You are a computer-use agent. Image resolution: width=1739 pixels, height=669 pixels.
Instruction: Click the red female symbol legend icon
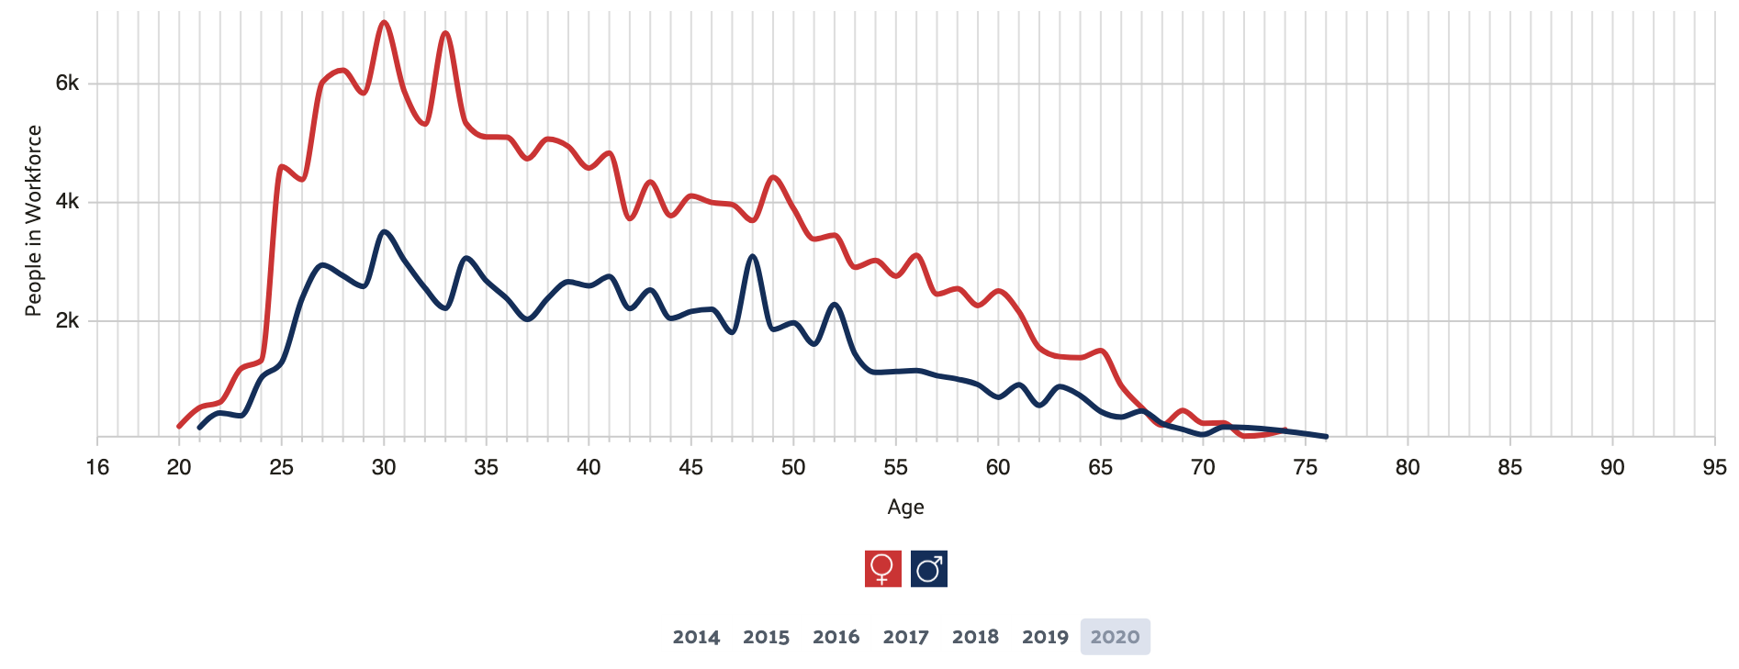pyautogui.click(x=882, y=569)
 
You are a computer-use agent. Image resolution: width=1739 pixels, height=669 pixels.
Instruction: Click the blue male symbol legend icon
pyautogui.click(x=929, y=569)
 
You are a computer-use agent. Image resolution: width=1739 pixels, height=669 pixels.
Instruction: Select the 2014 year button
pyautogui.click(x=696, y=637)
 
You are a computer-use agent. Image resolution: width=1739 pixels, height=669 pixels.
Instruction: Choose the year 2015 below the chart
pyautogui.click(x=766, y=637)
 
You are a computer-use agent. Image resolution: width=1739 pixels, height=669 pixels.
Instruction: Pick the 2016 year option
pyautogui.click(x=836, y=637)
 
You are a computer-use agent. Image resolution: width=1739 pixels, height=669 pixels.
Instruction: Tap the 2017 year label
pyautogui.click(x=905, y=637)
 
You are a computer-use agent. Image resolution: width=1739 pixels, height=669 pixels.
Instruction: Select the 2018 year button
pyautogui.click(x=975, y=637)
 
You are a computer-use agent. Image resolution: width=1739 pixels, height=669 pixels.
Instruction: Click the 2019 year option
pyautogui.click(x=1045, y=637)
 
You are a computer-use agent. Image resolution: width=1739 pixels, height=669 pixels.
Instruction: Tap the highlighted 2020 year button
pyautogui.click(x=1115, y=637)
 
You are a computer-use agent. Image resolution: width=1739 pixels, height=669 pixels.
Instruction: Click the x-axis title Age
pyautogui.click(x=905, y=507)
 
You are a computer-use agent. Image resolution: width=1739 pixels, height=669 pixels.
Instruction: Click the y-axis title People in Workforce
pyautogui.click(x=33, y=220)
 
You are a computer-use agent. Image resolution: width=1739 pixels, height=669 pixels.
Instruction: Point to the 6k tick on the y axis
pyautogui.click(x=67, y=84)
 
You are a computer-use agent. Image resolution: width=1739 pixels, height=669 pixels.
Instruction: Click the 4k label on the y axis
pyautogui.click(x=67, y=202)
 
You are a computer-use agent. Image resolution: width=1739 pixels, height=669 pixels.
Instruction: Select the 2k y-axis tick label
pyautogui.click(x=67, y=320)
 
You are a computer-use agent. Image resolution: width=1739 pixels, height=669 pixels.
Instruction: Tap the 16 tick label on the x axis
pyautogui.click(x=97, y=468)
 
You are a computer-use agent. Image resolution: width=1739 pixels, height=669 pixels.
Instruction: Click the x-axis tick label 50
pyautogui.click(x=793, y=468)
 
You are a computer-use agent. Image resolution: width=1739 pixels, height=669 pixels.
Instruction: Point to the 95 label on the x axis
pyautogui.click(x=1713, y=468)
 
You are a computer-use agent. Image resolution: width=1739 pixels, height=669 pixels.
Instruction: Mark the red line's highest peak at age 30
pyautogui.click(x=384, y=21)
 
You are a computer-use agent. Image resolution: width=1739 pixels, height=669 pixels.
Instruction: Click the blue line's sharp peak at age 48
pyautogui.click(x=753, y=256)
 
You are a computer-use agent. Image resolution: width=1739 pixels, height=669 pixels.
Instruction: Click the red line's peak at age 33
pyautogui.click(x=445, y=33)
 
